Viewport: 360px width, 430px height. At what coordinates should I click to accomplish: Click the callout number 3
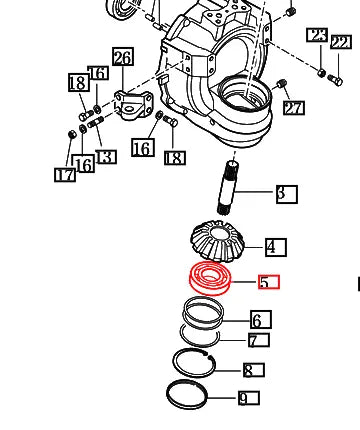(x=286, y=193)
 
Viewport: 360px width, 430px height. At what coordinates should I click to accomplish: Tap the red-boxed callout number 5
(x=268, y=282)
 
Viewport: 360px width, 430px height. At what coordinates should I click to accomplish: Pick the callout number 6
(x=259, y=320)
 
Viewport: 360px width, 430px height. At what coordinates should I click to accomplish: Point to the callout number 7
(x=257, y=341)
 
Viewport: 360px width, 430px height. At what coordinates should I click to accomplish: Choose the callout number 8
(x=253, y=370)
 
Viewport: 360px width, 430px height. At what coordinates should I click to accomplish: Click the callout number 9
(x=247, y=398)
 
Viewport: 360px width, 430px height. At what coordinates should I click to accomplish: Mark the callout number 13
(x=105, y=156)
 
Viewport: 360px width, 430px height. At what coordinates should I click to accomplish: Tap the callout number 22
(x=340, y=42)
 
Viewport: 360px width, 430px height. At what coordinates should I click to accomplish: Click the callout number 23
(x=316, y=36)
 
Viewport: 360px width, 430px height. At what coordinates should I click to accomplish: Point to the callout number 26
(x=122, y=57)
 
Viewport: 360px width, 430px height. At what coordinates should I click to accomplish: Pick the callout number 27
(x=292, y=107)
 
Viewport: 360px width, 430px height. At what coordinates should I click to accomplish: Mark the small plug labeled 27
(x=282, y=83)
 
